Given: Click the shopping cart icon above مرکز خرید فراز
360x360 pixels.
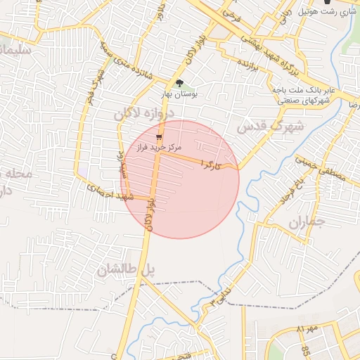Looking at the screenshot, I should coord(159,137).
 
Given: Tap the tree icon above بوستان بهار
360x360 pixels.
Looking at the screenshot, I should coord(179,83).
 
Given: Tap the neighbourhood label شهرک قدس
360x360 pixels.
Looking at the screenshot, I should coord(270,127).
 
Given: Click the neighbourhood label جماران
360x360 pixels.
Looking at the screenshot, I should coord(305,224).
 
